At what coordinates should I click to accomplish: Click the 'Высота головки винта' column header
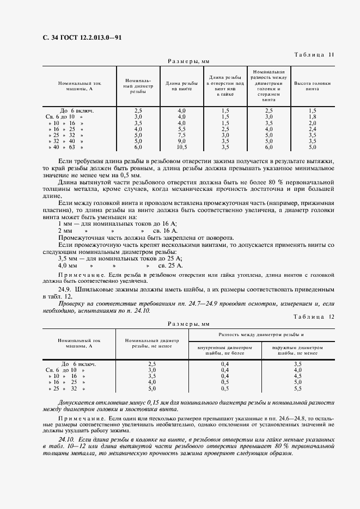click(312, 85)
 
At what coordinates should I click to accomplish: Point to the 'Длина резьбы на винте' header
click(182, 85)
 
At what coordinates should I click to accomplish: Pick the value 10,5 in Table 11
click(182, 147)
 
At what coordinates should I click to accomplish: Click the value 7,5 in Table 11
click(182, 135)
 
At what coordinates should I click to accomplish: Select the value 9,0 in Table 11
click(182, 141)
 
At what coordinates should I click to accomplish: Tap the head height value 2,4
click(312, 129)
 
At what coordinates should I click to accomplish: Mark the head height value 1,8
click(312, 116)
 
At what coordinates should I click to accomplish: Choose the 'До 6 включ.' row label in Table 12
click(79, 364)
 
